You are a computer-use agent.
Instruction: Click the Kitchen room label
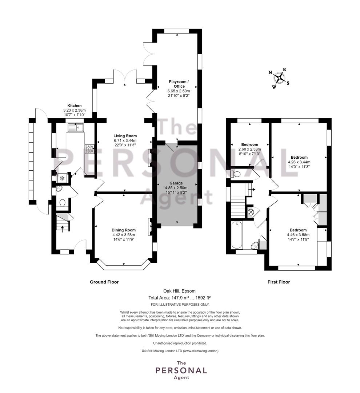tap(75, 106)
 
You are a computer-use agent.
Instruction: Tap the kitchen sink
tap(75, 128)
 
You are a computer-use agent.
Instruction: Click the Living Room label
tap(125, 136)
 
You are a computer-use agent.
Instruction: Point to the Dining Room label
tap(124, 230)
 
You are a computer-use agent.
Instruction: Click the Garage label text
tap(176, 183)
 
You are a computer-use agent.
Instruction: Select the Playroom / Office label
tap(179, 84)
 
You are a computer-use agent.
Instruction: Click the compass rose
tap(279, 78)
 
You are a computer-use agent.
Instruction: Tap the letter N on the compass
tap(270, 73)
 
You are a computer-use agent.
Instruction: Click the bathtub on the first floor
tap(237, 235)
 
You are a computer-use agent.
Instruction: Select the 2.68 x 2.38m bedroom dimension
tap(249, 149)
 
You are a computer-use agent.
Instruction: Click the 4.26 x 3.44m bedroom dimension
tap(299, 162)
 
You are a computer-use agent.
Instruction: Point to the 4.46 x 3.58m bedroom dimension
tap(298, 235)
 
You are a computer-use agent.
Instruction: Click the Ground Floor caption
tap(104, 282)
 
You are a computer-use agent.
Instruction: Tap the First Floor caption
tap(279, 282)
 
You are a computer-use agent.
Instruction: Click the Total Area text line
tap(179, 298)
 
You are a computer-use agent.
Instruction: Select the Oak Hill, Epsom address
tap(179, 291)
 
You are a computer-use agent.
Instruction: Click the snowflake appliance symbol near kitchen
tap(61, 178)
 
